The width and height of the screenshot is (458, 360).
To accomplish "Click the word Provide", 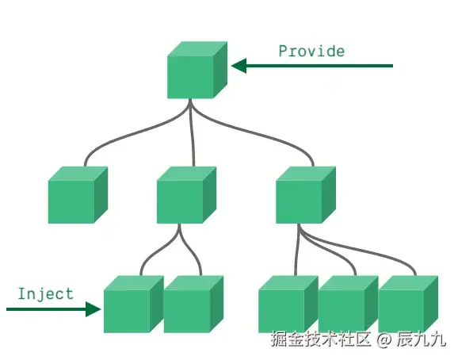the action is (x=311, y=51).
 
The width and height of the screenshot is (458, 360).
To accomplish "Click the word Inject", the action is (x=46, y=293).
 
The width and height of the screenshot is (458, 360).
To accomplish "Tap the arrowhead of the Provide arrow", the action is (x=239, y=66).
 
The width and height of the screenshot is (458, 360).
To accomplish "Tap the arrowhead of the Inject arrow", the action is (x=94, y=309).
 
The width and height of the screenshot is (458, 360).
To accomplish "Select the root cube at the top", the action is (x=197, y=70).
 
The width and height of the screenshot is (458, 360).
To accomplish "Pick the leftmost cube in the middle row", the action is (x=78, y=195).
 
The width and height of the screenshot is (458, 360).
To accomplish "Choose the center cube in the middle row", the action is (x=186, y=195).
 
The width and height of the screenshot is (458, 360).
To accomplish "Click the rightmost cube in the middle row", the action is (x=306, y=195).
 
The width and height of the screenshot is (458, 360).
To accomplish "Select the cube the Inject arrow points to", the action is (x=134, y=304).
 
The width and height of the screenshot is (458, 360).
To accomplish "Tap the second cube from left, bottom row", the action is (x=193, y=304).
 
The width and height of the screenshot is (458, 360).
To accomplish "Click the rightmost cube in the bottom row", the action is (x=408, y=304).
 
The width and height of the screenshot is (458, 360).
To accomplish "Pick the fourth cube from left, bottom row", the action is (x=349, y=304).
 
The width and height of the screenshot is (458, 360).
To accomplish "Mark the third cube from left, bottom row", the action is (x=288, y=304).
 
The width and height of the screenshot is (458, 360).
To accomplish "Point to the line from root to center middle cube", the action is (x=192, y=133).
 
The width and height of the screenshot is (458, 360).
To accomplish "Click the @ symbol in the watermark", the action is (x=384, y=340).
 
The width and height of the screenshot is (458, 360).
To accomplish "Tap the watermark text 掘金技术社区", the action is (x=321, y=339).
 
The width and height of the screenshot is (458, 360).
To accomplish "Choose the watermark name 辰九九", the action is (x=422, y=339).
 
